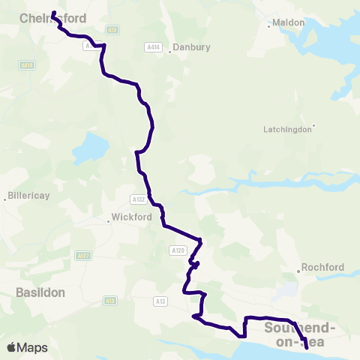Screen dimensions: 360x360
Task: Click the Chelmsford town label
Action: pyautogui.click(x=53, y=18)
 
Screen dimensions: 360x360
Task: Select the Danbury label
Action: pyautogui.click(x=191, y=47)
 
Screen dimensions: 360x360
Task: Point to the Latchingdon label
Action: pyautogui.click(x=287, y=129)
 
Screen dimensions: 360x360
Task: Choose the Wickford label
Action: pyautogui.click(x=131, y=217)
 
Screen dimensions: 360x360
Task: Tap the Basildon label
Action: pyautogui.click(x=40, y=292)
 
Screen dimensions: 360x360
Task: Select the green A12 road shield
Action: pyautogui.click(x=112, y=30)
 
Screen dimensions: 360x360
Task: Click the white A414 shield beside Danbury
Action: pyautogui.click(x=152, y=47)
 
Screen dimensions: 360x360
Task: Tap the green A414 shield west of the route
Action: pyautogui.click(x=28, y=65)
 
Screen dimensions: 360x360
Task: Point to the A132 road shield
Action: pyautogui.click(x=137, y=199)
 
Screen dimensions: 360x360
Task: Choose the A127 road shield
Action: pyautogui.click(x=82, y=256)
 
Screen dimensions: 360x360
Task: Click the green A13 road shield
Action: pyautogui.click(x=111, y=301)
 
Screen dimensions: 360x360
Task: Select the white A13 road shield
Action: pyautogui.click(x=160, y=301)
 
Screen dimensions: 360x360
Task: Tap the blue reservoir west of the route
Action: pyautogui.click(x=90, y=148)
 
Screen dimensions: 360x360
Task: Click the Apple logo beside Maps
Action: pyautogui.click(x=12, y=347)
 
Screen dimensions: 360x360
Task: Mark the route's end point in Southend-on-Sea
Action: pyautogui.click(x=306, y=347)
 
